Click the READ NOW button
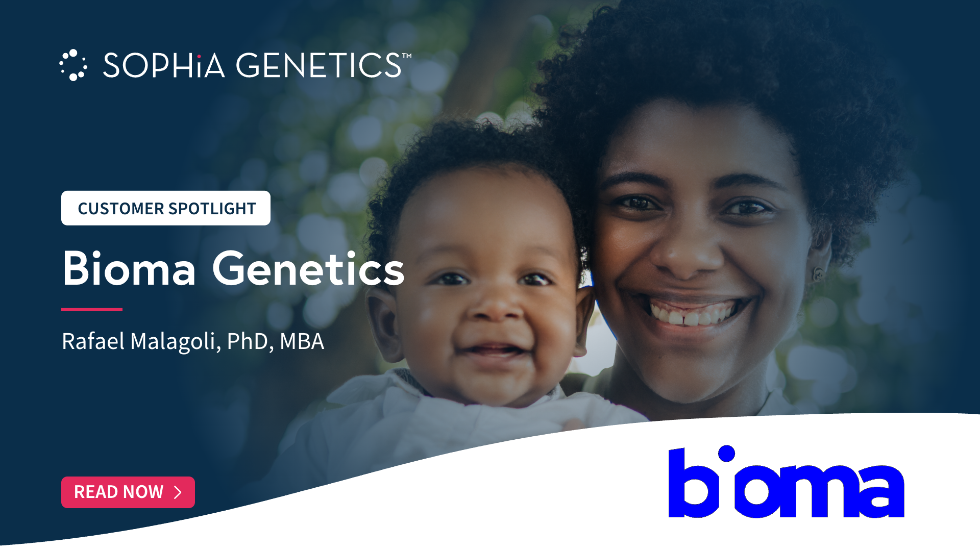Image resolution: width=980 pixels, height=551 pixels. click(x=128, y=492)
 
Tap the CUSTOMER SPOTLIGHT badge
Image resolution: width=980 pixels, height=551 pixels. click(x=166, y=208)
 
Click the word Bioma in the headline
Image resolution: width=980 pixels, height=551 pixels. click(x=129, y=268)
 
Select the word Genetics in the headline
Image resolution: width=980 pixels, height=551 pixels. click(x=308, y=268)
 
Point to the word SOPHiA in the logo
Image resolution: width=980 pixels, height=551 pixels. click(x=164, y=65)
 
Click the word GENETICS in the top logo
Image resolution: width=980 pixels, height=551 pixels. click(x=318, y=65)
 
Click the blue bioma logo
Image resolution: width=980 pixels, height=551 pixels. click(x=786, y=482)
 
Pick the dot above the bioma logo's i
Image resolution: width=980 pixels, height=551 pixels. click(x=726, y=453)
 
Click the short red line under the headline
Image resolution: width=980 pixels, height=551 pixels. click(x=92, y=309)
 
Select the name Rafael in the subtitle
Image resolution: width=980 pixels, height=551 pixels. click(x=93, y=341)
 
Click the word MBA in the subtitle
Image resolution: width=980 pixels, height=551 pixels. click(x=302, y=341)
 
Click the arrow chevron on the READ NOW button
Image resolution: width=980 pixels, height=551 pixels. click(x=178, y=492)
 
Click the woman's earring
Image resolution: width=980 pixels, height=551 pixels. click(x=817, y=274)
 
